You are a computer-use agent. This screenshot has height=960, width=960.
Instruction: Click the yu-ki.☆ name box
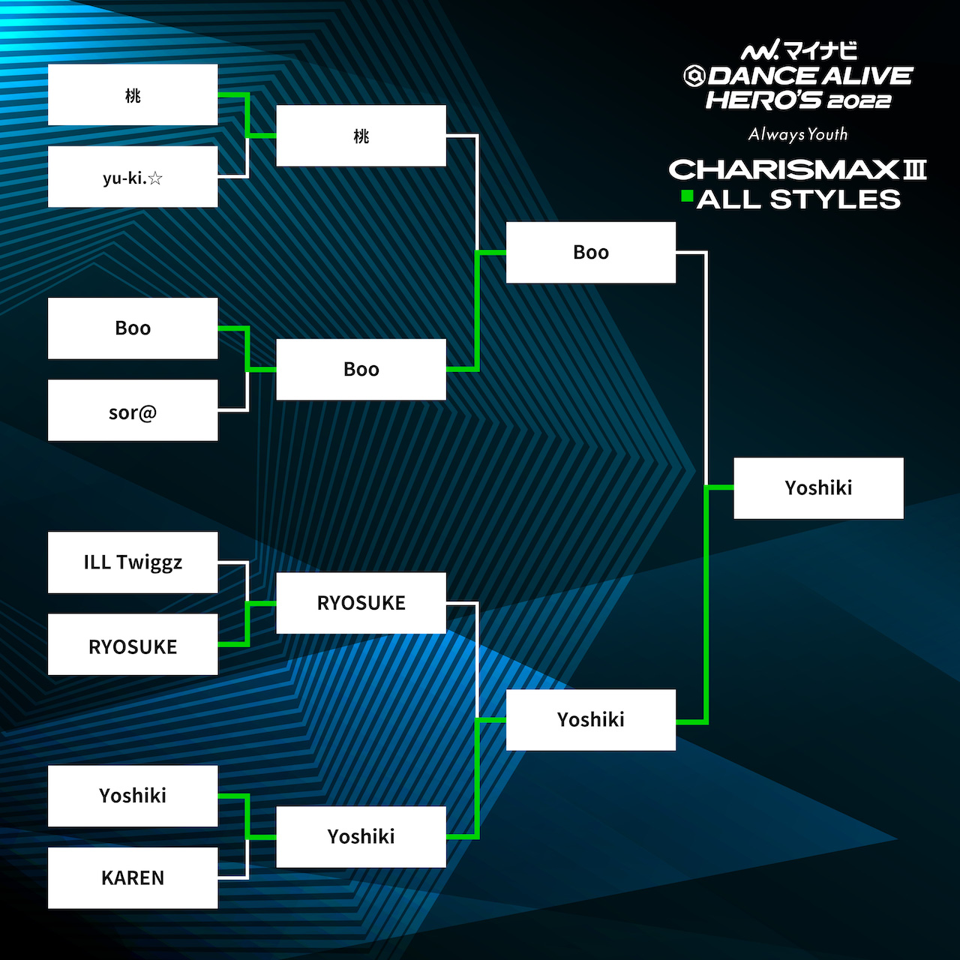133,176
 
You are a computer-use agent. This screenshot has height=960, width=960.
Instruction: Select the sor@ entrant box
133,410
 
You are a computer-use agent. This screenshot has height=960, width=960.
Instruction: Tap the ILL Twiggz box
133,562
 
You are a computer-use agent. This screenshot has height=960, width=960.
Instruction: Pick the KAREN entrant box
133,877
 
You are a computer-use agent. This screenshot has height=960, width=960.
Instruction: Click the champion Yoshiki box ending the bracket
818,488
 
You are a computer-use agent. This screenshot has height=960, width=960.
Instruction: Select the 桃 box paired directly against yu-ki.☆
133,94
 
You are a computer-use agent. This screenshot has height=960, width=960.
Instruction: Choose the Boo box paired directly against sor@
133,328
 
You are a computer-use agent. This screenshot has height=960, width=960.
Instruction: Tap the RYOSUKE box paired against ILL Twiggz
133,644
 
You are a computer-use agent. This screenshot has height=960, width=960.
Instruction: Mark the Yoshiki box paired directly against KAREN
133,796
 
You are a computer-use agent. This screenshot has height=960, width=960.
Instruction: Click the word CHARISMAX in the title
784,169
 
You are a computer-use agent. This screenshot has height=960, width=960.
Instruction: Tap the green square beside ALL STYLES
688,196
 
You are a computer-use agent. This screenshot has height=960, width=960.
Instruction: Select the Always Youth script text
797,134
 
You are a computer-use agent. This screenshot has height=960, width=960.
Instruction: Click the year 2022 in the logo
859,102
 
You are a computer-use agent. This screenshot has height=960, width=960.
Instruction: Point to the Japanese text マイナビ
820,51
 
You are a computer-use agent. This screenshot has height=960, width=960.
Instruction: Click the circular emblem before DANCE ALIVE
694,76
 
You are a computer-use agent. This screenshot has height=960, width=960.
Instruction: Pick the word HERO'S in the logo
763,100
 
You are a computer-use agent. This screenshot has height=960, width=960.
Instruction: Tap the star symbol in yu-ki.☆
155,178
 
